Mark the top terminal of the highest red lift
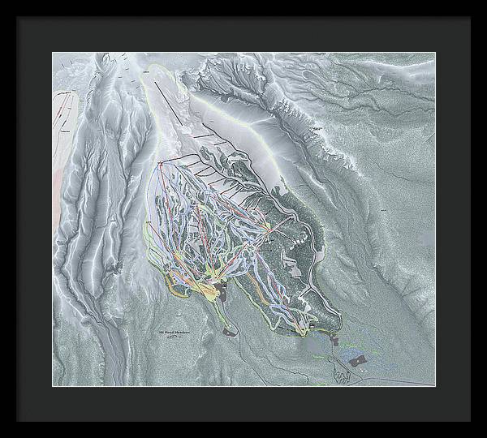pos(160,165)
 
